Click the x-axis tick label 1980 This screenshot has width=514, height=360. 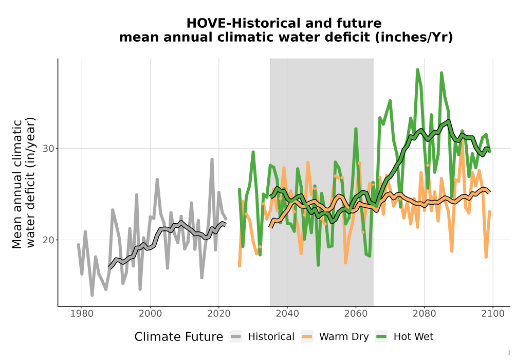(x=82, y=314)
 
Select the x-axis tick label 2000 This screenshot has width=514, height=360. (x=150, y=314)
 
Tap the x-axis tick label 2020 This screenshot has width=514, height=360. (x=218, y=314)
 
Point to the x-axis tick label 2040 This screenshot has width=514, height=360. (x=287, y=314)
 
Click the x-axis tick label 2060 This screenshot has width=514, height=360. (x=356, y=314)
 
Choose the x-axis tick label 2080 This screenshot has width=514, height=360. (x=424, y=314)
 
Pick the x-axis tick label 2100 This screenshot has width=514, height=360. (x=493, y=314)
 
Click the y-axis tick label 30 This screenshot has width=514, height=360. (x=48, y=149)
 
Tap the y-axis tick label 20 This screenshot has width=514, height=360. (x=48, y=240)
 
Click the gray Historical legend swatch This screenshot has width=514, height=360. (x=236, y=337)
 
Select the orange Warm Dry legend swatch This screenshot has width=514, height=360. (x=307, y=337)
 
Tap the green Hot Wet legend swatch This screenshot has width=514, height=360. (x=381, y=337)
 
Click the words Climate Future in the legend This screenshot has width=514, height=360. (x=179, y=337)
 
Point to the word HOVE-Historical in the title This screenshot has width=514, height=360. (x=244, y=23)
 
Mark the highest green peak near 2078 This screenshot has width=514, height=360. (x=417, y=69)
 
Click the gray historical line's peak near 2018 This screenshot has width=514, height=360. (x=212, y=159)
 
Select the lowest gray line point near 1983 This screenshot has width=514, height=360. (x=92, y=295)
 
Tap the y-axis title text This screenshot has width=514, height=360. (x=24, y=183)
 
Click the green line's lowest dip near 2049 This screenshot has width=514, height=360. (x=318, y=264)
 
